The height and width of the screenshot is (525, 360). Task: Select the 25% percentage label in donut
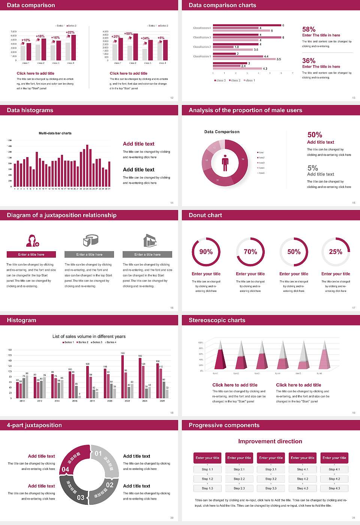(335, 252)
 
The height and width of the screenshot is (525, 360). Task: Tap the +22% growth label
(70, 32)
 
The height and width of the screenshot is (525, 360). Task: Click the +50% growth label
(128, 33)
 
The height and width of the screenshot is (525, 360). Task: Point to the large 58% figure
(309, 29)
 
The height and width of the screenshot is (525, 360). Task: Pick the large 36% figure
(309, 61)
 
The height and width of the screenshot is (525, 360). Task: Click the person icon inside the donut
(225, 162)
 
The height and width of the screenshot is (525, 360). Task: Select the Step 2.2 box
(239, 479)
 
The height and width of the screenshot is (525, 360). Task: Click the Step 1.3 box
(207, 488)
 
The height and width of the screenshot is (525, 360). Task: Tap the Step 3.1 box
(271, 469)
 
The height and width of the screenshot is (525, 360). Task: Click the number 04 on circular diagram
(65, 469)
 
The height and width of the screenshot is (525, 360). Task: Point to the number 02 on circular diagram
(109, 485)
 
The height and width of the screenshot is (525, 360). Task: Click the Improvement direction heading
(270, 441)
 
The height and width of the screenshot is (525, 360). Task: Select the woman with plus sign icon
(32, 240)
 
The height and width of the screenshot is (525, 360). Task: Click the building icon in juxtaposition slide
(150, 240)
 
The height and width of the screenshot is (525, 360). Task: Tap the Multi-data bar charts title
(55, 133)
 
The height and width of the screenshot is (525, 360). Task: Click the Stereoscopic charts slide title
(217, 320)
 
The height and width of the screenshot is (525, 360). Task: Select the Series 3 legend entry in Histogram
(96, 342)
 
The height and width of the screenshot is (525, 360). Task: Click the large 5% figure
(312, 168)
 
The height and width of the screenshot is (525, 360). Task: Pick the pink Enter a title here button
(31, 255)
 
